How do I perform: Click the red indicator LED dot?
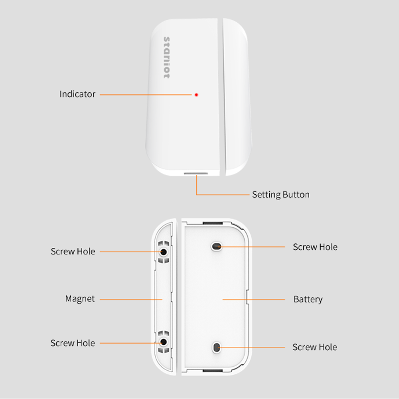pos(196,95)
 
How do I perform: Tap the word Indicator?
pos(77,94)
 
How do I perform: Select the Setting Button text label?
pos(280,195)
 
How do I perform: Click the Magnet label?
pos(80,299)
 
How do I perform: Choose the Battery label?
pos(308,299)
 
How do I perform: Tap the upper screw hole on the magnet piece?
pos(164,252)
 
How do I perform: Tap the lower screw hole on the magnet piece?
pos(164,342)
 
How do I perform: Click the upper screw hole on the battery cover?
pos(217,246)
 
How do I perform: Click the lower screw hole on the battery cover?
pos(217,348)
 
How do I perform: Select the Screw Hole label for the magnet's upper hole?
pos(73,251)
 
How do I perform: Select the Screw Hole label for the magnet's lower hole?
pos(73,343)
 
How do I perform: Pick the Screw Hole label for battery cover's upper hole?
pos(315,247)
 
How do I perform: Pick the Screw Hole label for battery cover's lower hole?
pos(314,347)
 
